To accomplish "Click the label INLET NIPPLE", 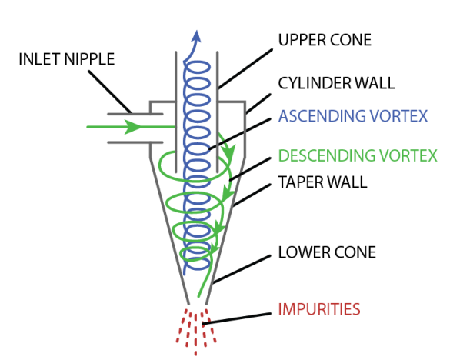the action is (67, 59).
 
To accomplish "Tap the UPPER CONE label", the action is (325, 40).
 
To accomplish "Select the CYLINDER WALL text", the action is (337, 83).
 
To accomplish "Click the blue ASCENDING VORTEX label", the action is (353, 116).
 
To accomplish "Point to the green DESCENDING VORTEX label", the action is (358, 155).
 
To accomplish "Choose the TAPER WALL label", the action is (322, 182).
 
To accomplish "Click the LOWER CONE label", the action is (327, 252).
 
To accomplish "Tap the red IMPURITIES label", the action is (319, 309).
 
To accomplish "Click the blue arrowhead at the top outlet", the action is (197, 36).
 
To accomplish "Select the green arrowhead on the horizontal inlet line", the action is (133, 127).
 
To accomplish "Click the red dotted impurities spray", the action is (196, 332).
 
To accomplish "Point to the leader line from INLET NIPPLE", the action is (110, 92).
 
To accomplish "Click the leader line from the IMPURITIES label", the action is (236, 318).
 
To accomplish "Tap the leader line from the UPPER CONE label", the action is (245, 68).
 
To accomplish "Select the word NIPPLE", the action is (89, 59).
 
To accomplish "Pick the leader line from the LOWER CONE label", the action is (242, 269).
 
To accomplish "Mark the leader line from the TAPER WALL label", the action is (252, 195).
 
